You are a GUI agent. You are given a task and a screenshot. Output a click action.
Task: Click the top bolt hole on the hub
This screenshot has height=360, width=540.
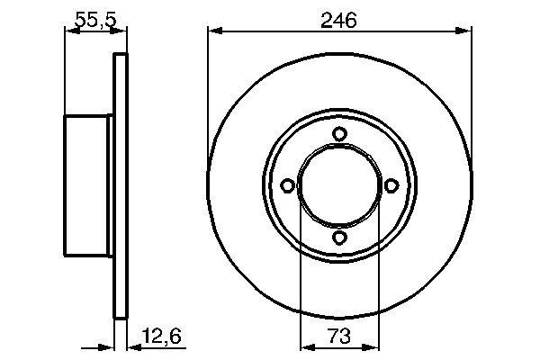339,135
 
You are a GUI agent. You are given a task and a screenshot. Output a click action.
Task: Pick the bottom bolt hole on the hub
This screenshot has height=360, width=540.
339,238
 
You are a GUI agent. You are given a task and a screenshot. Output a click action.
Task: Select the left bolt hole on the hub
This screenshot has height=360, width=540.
288,186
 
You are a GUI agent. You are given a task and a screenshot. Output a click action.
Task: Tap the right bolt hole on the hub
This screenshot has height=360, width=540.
391,186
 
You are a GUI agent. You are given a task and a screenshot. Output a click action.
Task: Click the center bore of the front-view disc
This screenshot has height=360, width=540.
339,186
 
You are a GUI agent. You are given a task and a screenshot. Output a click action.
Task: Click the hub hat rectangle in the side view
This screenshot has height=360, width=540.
87,186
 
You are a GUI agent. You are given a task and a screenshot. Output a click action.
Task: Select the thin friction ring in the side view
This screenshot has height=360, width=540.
117,186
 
